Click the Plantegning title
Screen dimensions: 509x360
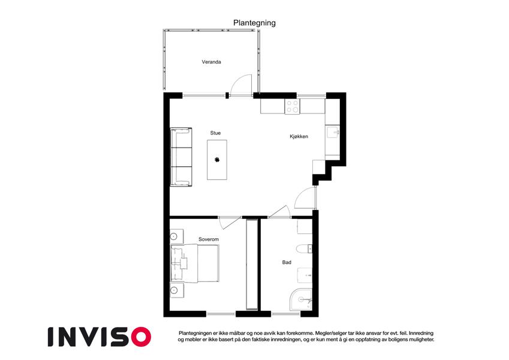pyautogui.click(x=254, y=23)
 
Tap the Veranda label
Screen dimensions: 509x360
pyautogui.click(x=211, y=62)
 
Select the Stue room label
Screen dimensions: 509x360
pyautogui.click(x=215, y=133)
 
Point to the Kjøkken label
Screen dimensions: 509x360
pyautogui.click(x=299, y=136)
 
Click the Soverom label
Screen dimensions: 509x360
pyautogui.click(x=209, y=239)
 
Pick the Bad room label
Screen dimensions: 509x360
pyautogui.click(x=287, y=262)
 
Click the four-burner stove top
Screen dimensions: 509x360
pyautogui.click(x=293, y=106)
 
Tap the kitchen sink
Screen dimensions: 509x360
pyautogui.click(x=333, y=132)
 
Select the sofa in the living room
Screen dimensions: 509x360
pyautogui.click(x=181, y=157)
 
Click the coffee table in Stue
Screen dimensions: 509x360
pyautogui.click(x=217, y=160)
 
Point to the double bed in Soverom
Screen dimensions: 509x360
pyautogui.click(x=195, y=263)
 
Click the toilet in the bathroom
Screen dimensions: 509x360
pyautogui.click(x=304, y=249)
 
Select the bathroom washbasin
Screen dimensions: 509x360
pyautogui.click(x=305, y=275)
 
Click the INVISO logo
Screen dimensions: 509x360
pyautogui.click(x=100, y=337)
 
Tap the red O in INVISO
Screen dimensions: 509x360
pyautogui.click(x=141, y=337)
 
